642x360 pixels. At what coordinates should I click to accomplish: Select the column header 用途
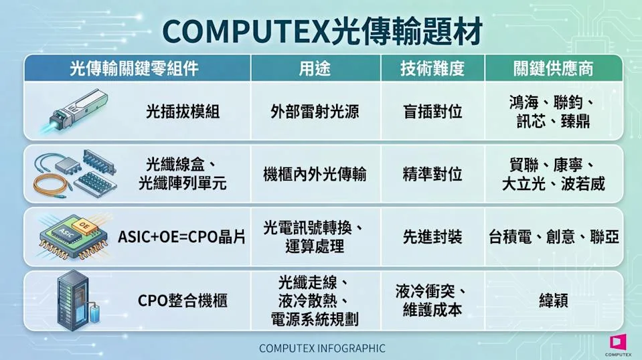(315, 68)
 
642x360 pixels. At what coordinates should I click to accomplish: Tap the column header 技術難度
(432, 68)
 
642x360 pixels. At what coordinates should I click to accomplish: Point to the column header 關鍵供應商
(553, 68)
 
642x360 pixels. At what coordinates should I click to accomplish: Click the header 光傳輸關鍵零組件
(135, 68)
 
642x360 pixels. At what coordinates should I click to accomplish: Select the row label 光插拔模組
(183, 111)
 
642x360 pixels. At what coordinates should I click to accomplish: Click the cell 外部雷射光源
(315, 111)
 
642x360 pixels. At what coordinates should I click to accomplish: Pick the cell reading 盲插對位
(432, 111)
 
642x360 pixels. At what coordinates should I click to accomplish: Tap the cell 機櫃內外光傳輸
(315, 174)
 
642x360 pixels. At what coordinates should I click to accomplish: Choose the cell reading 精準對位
(432, 174)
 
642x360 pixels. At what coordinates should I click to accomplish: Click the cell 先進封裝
(432, 237)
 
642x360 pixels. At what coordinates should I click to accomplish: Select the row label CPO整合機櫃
(183, 300)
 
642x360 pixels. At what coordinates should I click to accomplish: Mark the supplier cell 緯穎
(553, 300)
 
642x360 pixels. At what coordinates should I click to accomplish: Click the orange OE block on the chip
(84, 226)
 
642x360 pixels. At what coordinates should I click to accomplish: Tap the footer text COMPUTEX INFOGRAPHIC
(322, 349)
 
